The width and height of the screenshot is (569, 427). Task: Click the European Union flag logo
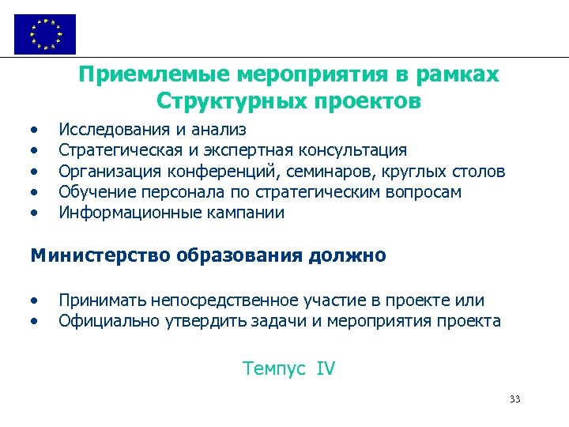[x=45, y=34]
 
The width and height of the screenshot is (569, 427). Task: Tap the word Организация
[x=108, y=171]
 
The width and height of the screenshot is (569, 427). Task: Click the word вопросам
[x=427, y=192]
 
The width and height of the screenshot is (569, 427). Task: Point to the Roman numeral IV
[x=326, y=368]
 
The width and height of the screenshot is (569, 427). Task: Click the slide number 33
[x=515, y=399]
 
